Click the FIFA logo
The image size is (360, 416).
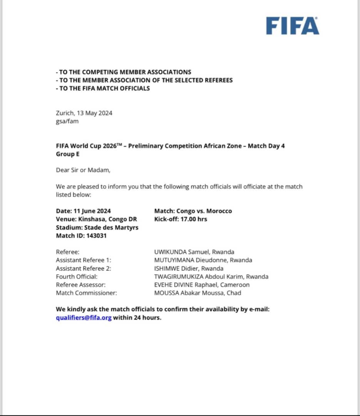coord(292,26)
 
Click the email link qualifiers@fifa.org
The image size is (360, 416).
coord(84,318)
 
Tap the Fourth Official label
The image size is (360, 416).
coord(77,277)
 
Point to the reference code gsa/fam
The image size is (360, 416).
coord(68,121)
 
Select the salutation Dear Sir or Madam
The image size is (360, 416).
coord(83,170)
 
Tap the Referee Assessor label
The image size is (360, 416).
coord(81,285)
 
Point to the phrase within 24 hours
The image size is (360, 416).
coord(137,318)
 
